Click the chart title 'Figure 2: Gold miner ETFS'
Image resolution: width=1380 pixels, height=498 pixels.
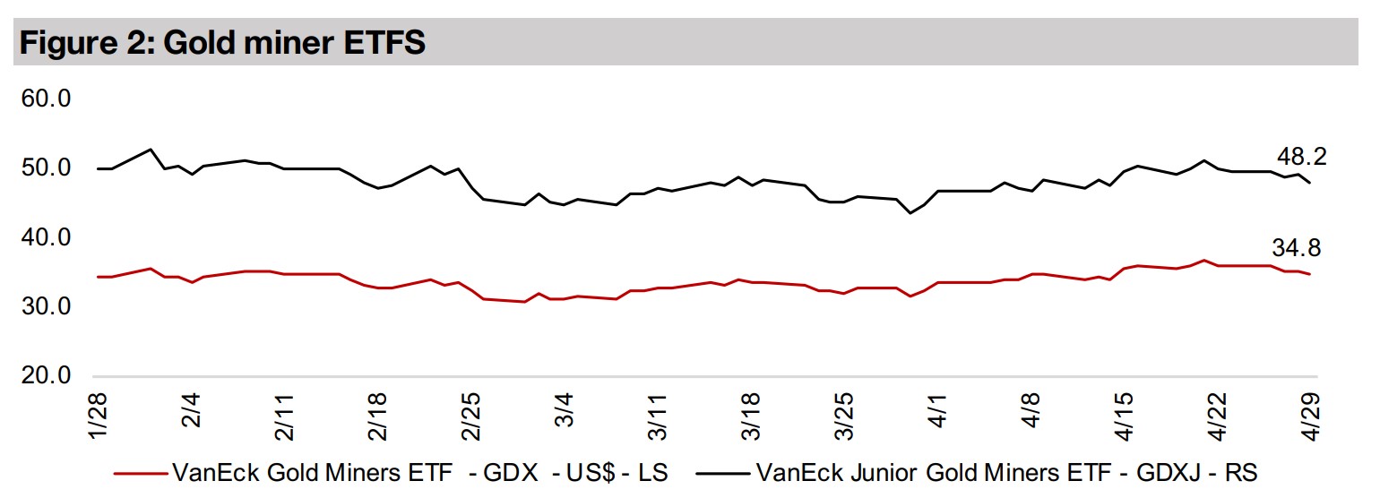click(x=222, y=43)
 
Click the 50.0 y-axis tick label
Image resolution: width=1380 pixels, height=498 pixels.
click(x=45, y=167)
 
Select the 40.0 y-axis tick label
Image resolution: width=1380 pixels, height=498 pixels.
click(x=45, y=237)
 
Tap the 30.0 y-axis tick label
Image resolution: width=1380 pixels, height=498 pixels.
click(x=45, y=306)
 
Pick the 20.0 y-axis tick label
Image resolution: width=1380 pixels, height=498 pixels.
click(x=45, y=376)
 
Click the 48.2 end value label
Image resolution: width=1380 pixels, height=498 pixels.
click(x=1302, y=157)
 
